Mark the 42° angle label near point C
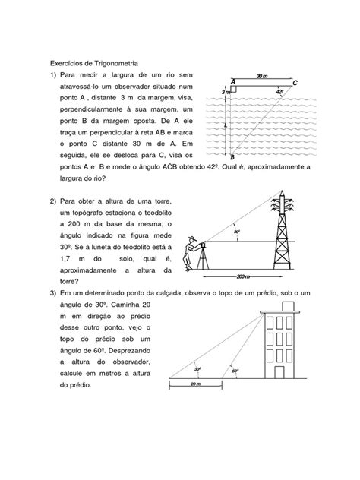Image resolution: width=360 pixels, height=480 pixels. (x=279, y=91)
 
